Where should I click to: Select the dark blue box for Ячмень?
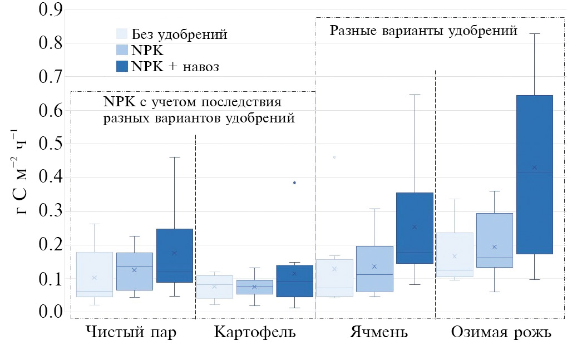point(414,228)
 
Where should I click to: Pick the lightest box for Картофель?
point(214,287)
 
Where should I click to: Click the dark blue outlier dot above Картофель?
point(294,183)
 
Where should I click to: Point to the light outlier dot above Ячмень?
point(334,157)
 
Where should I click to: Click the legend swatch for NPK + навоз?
point(122,66)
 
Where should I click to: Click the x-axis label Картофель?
point(254,333)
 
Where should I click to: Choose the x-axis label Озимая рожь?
point(501,333)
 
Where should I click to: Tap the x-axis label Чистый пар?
point(131,333)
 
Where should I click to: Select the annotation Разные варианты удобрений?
point(423,31)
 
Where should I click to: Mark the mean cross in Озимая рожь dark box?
point(534,167)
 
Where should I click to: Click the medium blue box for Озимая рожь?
point(494,240)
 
